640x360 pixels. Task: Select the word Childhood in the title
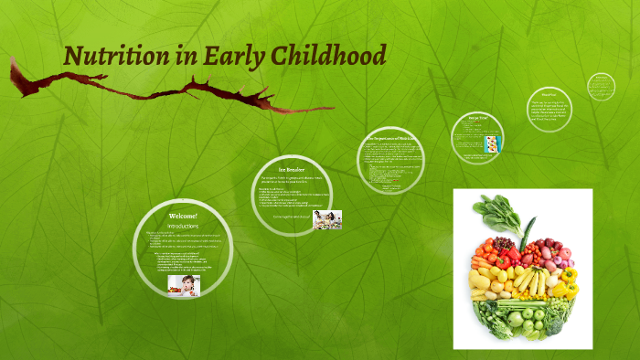coord(329,56)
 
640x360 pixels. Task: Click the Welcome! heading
coord(183,216)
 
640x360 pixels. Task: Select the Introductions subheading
coord(182,225)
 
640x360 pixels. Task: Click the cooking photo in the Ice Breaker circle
coord(326,219)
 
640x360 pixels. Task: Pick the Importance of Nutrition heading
coord(390,138)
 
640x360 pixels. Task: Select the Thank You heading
coord(549,94)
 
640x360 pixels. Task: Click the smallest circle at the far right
coord(601,87)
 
